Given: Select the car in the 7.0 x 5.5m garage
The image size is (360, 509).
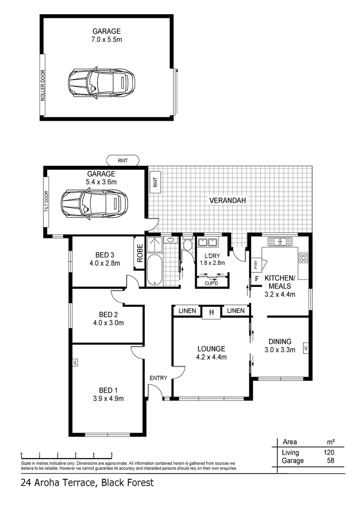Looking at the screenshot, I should tap(101, 83).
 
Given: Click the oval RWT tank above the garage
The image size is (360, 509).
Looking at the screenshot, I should tap(123, 161).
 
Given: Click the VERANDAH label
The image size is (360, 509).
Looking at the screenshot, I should tap(229, 200).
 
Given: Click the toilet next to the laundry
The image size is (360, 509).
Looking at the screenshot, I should tap(187, 244).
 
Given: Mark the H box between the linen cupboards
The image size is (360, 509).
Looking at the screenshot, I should tap(211, 312).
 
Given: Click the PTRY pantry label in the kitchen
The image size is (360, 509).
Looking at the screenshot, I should tap(255, 264).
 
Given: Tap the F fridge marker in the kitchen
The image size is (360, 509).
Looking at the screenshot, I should tap(257, 279).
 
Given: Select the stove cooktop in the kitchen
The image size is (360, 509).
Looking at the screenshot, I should tap(303, 258).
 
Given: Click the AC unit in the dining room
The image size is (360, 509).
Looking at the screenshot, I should tap(305, 348).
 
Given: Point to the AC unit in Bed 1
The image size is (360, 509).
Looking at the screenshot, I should tap(74, 362).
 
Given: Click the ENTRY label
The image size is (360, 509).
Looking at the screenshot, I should tap(158, 378).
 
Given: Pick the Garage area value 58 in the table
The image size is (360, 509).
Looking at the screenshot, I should tap(331, 460).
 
